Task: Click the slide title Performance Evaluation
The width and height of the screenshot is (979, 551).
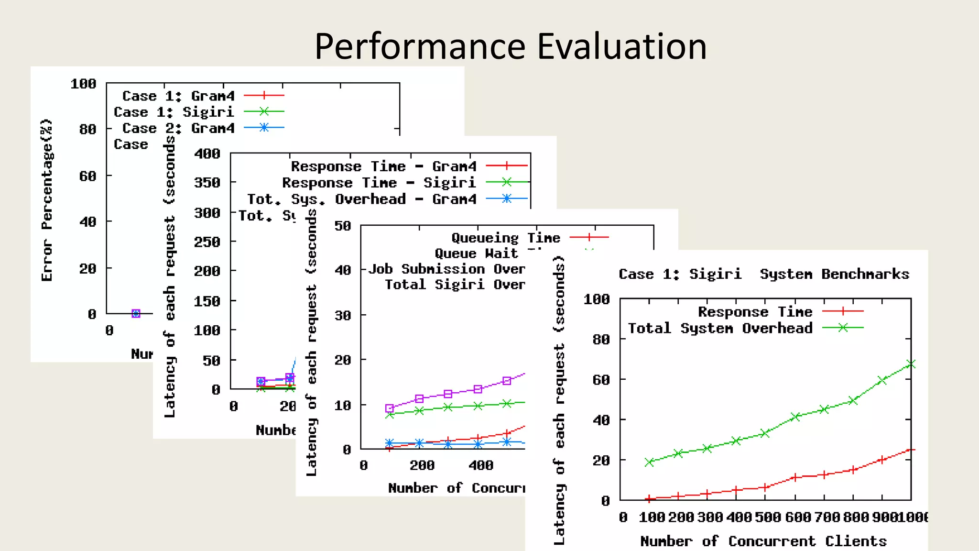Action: [510, 46]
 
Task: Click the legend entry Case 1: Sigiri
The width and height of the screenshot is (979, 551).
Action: [174, 112]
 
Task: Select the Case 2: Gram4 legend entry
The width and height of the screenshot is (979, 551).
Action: [179, 128]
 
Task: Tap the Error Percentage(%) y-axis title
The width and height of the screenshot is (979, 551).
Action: [47, 200]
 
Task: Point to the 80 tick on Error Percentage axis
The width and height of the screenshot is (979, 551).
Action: [87, 130]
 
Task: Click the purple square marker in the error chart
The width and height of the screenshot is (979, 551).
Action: [136, 314]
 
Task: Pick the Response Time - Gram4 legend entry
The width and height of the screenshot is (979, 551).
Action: [384, 166]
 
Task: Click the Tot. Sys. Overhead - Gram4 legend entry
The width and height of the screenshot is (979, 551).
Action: [362, 199]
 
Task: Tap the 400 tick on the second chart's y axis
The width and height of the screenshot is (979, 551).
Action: [207, 154]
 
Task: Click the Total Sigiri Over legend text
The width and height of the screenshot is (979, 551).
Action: [455, 285]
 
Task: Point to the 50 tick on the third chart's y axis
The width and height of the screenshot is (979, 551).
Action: [343, 226]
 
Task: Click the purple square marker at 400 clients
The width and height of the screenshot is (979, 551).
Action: [478, 389]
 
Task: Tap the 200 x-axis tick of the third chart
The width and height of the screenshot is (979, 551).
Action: [422, 465]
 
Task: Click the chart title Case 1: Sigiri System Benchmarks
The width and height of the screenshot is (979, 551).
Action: [763, 274]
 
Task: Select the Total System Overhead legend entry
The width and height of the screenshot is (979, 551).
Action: [720, 328]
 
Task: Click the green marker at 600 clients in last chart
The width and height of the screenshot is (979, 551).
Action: [794, 417]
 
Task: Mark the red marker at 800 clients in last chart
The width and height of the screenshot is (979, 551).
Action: [853, 470]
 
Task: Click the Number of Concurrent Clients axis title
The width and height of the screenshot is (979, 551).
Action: [763, 541]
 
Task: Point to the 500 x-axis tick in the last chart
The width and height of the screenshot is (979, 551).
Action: [765, 517]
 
